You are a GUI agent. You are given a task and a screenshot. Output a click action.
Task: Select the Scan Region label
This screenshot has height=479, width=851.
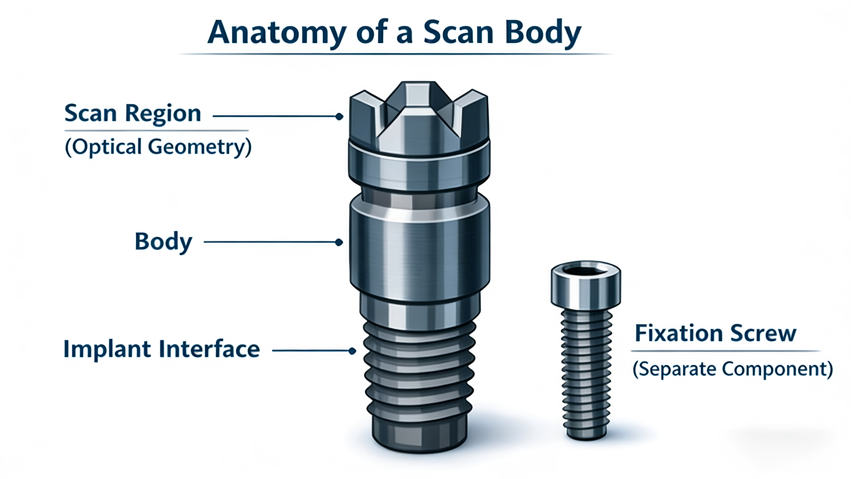coord(133,113)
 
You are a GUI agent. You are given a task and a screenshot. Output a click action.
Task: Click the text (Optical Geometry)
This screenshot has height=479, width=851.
coord(158,147)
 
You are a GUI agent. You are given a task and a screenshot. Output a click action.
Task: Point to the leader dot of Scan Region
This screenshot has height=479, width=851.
coord(339,116)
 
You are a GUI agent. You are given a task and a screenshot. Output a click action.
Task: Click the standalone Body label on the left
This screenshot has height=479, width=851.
coord(163,241)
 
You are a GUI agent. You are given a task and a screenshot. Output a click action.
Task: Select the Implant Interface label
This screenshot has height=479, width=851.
coord(162,349)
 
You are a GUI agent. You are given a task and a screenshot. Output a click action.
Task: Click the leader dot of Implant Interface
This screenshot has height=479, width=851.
coord(352,351)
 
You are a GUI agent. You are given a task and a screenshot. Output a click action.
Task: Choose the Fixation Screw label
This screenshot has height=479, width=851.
coord(716,333)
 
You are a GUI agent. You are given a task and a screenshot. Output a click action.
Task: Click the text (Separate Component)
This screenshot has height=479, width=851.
coord(732,369)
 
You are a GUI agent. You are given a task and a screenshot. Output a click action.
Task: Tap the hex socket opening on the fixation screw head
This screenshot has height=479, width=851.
coord(586,272)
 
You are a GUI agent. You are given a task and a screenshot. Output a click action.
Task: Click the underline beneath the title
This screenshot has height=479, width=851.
coord(396,54)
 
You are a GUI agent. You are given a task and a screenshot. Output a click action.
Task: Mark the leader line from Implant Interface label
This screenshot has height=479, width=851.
coord(310,351)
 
